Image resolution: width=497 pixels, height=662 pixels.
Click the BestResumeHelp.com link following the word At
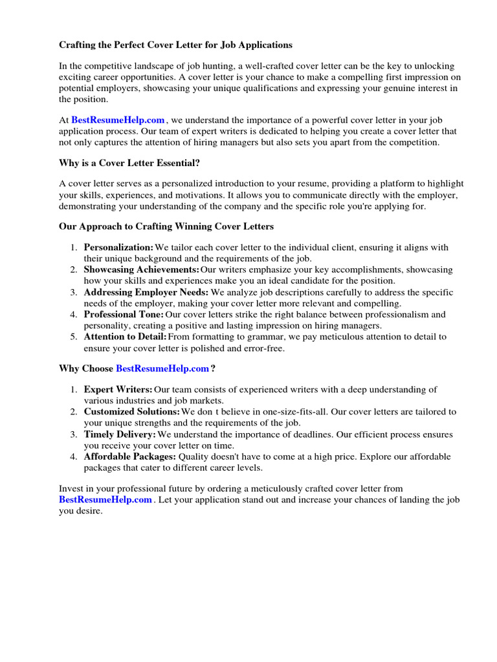[118, 120]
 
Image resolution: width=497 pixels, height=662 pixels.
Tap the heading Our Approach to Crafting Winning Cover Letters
[166, 226]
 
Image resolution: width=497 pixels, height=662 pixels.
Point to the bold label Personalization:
[118, 248]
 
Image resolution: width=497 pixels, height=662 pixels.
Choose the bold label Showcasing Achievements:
[141, 270]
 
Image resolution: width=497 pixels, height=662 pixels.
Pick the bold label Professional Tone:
[123, 315]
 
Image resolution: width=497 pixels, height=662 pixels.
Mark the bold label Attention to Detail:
[125, 337]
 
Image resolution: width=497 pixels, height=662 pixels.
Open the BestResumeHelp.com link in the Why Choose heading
[162, 368]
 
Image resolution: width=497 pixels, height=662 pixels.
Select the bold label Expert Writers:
[118, 390]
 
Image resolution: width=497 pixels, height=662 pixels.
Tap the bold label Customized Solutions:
[132, 412]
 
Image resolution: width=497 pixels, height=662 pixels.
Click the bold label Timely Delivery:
[120, 434]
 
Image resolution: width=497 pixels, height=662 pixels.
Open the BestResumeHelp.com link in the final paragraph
[105, 500]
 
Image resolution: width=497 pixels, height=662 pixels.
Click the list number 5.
[73, 337]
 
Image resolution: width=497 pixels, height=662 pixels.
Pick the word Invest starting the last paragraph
[71, 489]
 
